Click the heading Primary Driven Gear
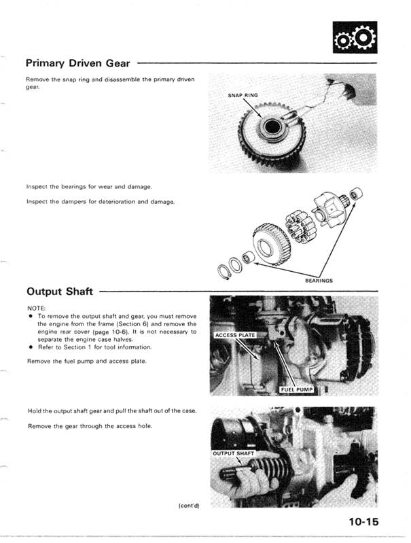tap(79, 63)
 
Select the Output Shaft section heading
tap(60, 292)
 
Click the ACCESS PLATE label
tap(234, 336)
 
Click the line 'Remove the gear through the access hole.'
tap(90, 425)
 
